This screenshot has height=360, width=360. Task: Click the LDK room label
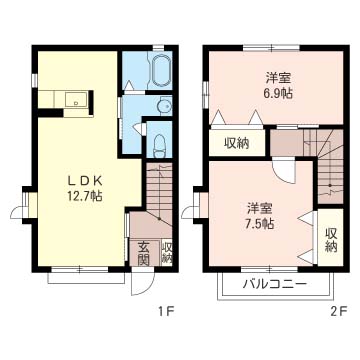pos(84,180)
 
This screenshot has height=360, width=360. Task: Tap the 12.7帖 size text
pos(84,196)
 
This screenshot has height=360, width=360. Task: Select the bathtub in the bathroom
pos(161,70)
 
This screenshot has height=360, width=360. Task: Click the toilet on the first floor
pos(159,145)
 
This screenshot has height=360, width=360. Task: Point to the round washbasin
pos(164,106)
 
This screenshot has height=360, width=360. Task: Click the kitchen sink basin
pos(76,99)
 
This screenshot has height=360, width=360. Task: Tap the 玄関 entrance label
pos(143,254)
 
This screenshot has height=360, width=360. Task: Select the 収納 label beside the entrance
pos(167,253)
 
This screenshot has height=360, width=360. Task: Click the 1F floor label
pos(167,312)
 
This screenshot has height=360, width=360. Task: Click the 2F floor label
pos(339,312)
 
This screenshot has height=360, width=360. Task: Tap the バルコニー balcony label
pos(274,285)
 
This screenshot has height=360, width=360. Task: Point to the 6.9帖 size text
pos(278,94)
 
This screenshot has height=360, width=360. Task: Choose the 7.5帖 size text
pos(260,223)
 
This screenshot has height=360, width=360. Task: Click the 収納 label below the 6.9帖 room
pos(237,143)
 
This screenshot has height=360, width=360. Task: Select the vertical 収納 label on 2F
pos(331,239)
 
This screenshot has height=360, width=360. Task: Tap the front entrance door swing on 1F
pos(143,281)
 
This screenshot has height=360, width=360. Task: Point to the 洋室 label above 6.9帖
pos(279,78)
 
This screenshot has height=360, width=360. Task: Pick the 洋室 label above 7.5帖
pos(260,208)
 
